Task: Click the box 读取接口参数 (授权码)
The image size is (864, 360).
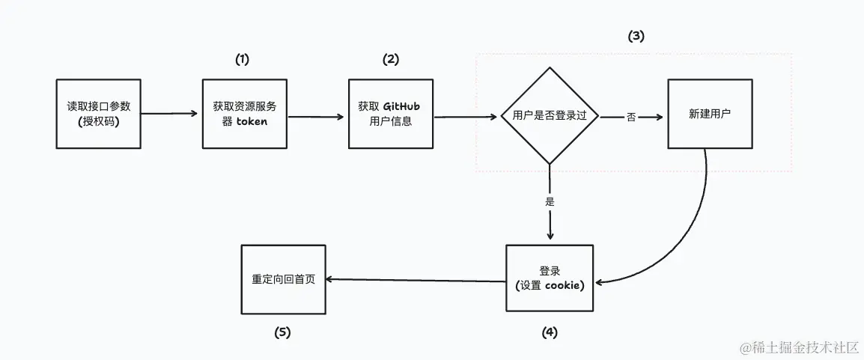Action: pyautogui.click(x=99, y=114)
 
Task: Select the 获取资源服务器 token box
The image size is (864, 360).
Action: pyautogui.click(x=244, y=114)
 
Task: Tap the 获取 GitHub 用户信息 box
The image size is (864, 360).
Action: pyautogui.click(x=391, y=114)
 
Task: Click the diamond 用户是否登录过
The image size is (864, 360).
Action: pyautogui.click(x=550, y=116)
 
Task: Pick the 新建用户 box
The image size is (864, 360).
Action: pyautogui.click(x=711, y=114)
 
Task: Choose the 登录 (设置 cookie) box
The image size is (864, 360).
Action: pyautogui.click(x=550, y=278)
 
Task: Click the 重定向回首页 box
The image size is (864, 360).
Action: pyautogui.click(x=283, y=279)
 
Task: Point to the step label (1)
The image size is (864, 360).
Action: pyautogui.click(x=242, y=59)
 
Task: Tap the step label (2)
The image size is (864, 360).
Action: pyautogui.click(x=390, y=59)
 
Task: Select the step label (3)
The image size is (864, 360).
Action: pyautogui.click(x=636, y=37)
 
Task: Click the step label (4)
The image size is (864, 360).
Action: pyautogui.click(x=550, y=332)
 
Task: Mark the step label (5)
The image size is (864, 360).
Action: pyautogui.click(x=282, y=332)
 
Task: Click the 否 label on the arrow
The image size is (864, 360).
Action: pyautogui.click(x=631, y=118)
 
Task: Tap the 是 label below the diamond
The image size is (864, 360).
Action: pyautogui.click(x=550, y=201)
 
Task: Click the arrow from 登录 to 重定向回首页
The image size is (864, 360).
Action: pyautogui.click(x=416, y=280)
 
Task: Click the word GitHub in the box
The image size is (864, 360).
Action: pyautogui.click(x=401, y=107)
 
